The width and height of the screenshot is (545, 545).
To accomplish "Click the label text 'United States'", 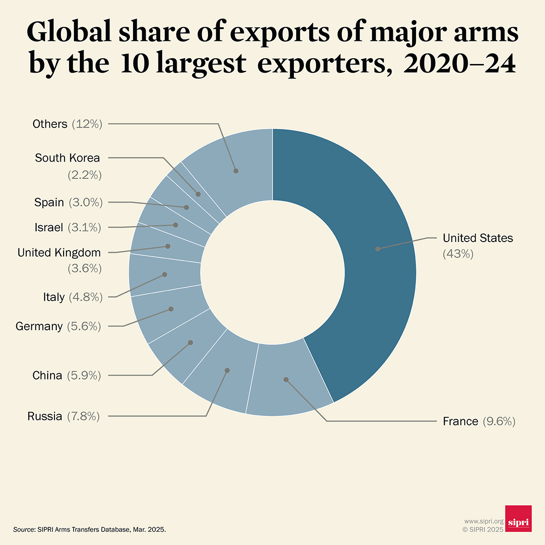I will point(478,238).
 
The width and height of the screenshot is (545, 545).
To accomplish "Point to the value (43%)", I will point(458,254).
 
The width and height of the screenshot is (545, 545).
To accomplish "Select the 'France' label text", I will point(460,421).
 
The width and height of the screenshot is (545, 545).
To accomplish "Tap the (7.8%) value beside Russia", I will point(83,416).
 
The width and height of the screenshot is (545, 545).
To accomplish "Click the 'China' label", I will point(47,376).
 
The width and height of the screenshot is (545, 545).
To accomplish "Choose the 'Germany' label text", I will point(39,327).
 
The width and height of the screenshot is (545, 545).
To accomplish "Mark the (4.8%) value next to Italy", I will point(85,297).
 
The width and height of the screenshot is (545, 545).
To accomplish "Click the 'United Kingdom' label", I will point(59,253).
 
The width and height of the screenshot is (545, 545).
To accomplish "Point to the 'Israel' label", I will point(49,228).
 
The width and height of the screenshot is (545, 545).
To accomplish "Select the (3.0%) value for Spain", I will point(85,203).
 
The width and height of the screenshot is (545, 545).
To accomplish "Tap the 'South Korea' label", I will point(67,158).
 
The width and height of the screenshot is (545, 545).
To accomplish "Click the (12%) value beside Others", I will point(87,124).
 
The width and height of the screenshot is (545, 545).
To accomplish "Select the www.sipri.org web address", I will point(484,521).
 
